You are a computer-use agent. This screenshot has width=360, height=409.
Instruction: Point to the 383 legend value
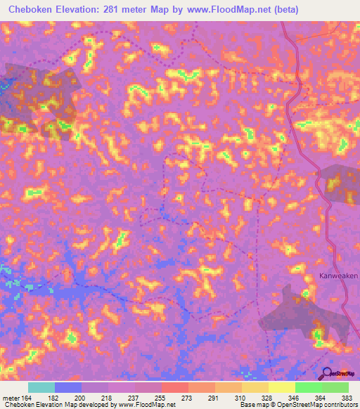click(x=347, y=398)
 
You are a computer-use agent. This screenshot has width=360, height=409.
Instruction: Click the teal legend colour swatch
click(x=41, y=387)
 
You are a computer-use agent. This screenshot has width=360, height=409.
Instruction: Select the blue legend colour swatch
click(x=68, y=387)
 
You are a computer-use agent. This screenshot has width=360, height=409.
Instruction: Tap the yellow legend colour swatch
click(x=281, y=387)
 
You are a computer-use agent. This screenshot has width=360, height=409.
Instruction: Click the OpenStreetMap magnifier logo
click(x=327, y=373)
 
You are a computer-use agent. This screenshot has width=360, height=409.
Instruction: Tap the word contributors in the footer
click(x=340, y=405)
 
